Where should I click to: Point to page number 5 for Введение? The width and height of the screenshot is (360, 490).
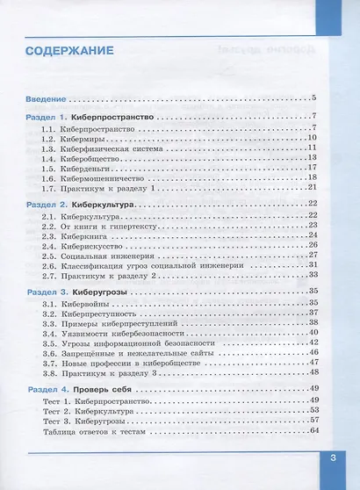click(313, 97)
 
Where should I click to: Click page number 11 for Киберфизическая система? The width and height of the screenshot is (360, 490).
click(311, 148)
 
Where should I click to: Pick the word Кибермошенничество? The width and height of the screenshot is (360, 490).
click(111, 177)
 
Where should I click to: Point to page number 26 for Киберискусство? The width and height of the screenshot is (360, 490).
click(311, 245)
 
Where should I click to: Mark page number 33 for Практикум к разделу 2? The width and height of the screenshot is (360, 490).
click(311, 275)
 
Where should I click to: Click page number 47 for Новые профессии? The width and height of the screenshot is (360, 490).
click(311, 362)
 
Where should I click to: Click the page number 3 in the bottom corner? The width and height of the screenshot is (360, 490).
click(333, 457)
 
